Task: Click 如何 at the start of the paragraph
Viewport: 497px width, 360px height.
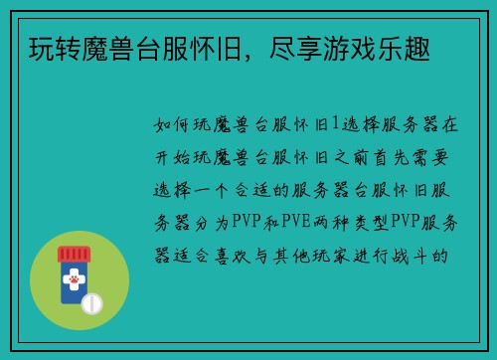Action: click(168, 125)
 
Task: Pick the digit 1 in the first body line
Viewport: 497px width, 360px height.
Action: click(335, 125)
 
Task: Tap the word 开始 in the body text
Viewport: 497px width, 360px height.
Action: click(168, 157)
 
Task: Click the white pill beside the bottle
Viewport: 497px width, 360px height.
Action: click(93, 301)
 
